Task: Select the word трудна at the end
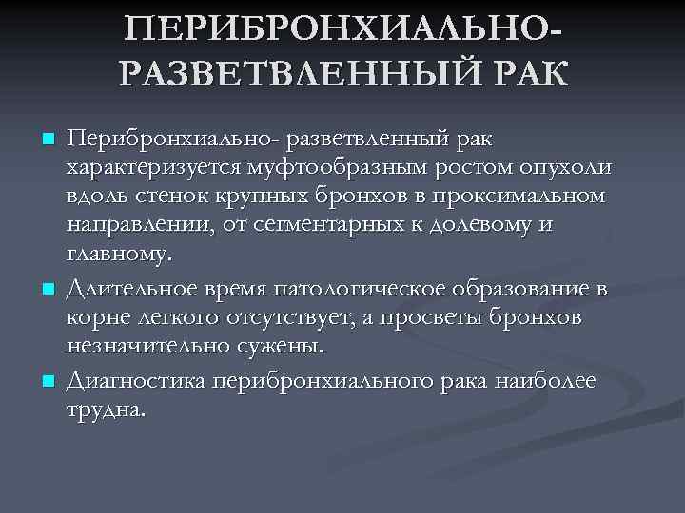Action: [105, 410]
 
